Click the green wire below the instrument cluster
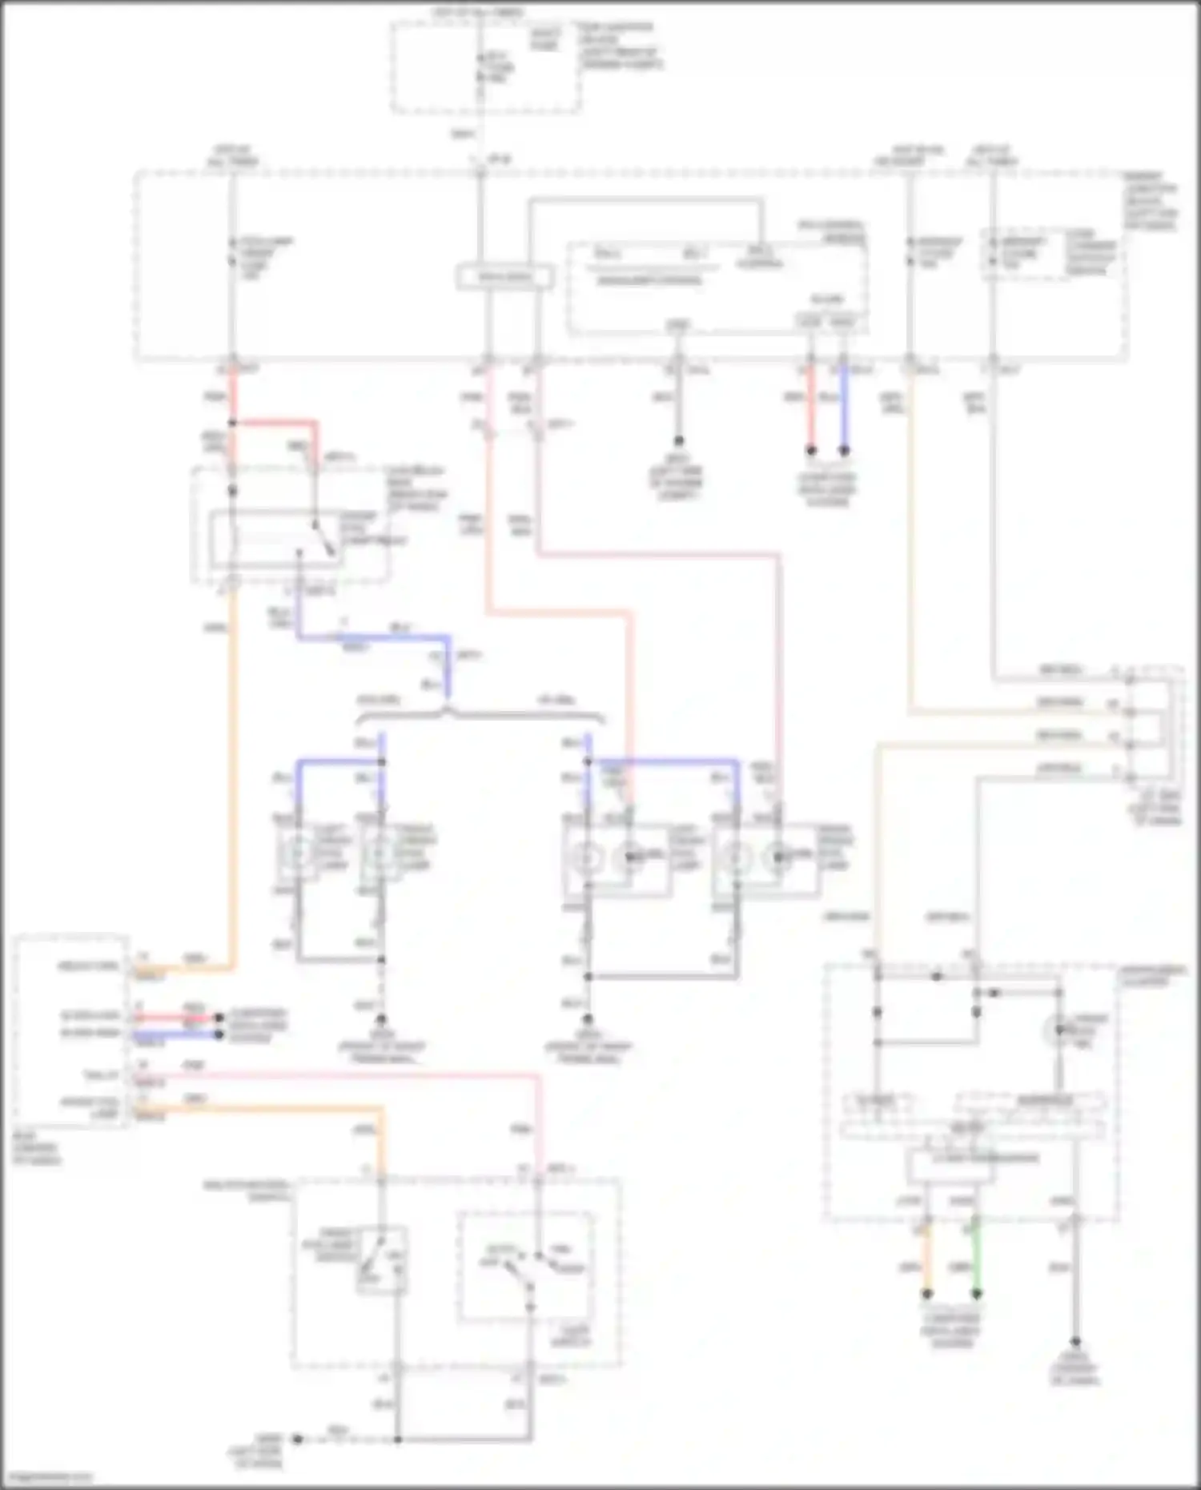click(x=976, y=1263)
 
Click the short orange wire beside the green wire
click(x=927, y=1263)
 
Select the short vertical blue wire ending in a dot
click(x=843, y=408)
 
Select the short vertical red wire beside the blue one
click(x=810, y=408)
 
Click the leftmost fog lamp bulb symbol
click(x=298, y=854)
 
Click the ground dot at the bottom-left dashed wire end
click(x=297, y=1439)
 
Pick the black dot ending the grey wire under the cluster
click(x=1075, y=1342)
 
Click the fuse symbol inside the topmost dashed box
click(x=480, y=67)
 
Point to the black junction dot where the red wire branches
click(x=233, y=423)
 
